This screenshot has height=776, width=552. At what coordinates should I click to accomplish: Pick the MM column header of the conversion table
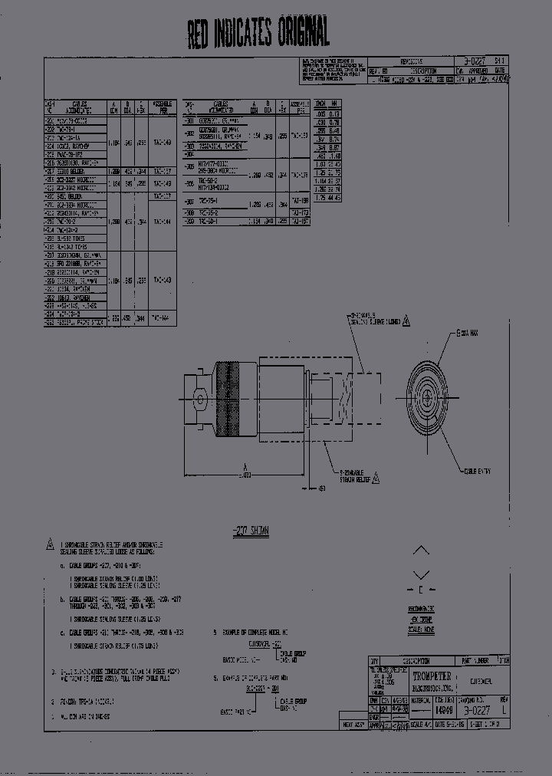(x=335, y=104)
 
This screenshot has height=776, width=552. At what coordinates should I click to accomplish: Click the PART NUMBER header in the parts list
(x=474, y=659)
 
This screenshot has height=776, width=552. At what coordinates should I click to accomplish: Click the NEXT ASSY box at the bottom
(x=352, y=724)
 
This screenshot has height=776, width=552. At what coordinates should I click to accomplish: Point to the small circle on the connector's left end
(x=199, y=400)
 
